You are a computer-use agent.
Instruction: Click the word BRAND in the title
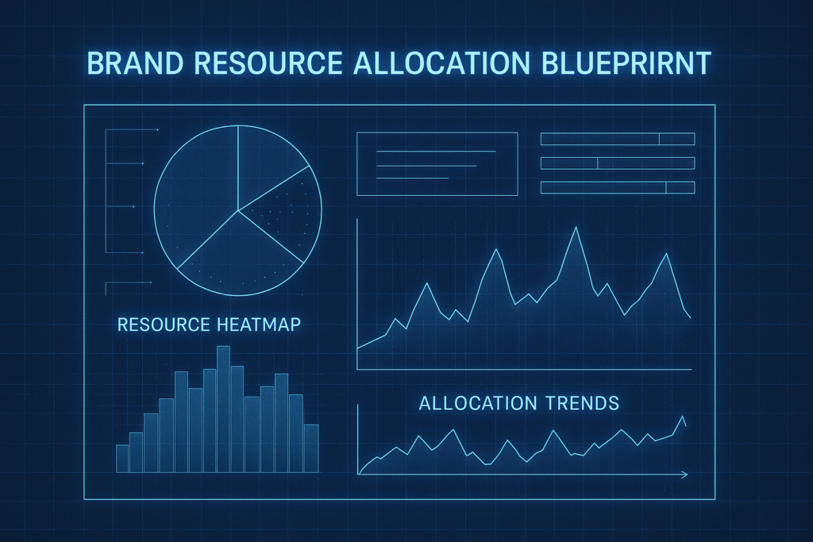(135, 63)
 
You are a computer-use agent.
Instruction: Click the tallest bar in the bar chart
(223, 409)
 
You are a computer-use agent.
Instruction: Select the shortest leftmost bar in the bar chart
(122, 459)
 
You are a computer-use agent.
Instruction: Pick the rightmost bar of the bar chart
(311, 448)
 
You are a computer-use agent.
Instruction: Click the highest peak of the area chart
(576, 228)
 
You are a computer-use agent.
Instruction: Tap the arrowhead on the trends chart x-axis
(684, 475)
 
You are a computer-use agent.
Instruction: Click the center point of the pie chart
(238, 210)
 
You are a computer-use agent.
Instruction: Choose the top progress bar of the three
(618, 139)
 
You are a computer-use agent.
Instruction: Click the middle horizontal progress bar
(618, 163)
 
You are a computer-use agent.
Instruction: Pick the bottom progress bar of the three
(618, 187)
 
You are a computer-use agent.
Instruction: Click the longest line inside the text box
(436, 152)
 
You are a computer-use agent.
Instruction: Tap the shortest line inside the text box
(412, 179)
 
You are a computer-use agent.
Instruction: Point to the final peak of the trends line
(683, 417)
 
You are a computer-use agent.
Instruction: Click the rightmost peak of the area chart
(666, 253)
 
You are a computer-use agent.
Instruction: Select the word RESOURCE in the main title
(268, 63)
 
